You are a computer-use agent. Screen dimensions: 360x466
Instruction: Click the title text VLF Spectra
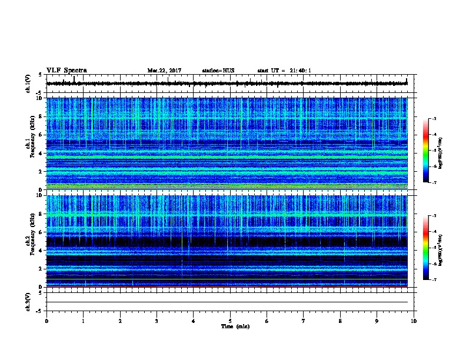[67, 70]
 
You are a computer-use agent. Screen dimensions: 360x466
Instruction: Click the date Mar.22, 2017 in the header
[164, 71]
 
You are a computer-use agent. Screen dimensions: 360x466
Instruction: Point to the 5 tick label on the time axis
[230, 321]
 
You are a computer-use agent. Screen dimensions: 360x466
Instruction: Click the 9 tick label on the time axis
[377, 321]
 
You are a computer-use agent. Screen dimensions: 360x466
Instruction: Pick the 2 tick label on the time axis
[120, 321]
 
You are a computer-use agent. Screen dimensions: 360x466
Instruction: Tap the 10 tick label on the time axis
[414, 321]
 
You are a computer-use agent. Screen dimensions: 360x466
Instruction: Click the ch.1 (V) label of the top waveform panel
[28, 84]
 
